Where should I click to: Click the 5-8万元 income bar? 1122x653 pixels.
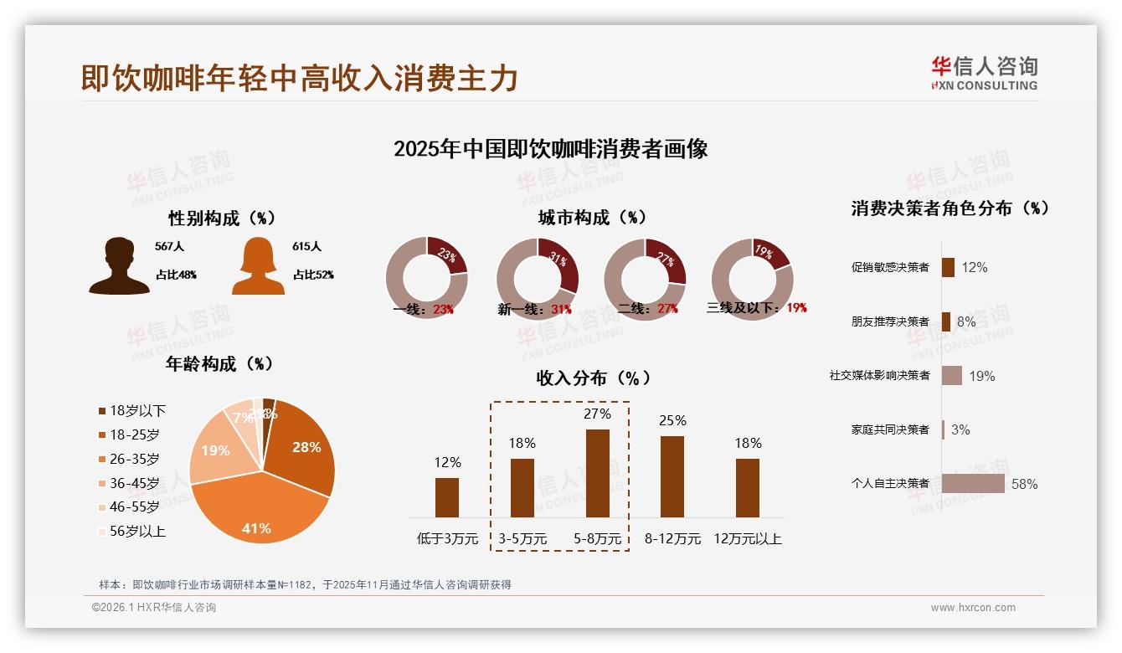pos(597,473)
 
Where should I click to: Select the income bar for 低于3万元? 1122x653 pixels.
pos(447,497)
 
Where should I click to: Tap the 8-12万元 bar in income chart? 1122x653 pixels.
pos(672,476)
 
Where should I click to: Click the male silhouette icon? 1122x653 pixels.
pos(119,266)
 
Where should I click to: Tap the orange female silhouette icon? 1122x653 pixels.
pos(258,266)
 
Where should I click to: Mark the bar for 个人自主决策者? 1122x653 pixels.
pos(973,483)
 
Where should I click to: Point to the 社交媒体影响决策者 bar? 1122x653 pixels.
pos(952,375)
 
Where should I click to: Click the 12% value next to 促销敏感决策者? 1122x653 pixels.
pos(974,267)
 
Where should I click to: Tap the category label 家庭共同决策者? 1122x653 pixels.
pos(889,429)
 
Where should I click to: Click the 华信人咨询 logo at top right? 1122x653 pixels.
pos(984,73)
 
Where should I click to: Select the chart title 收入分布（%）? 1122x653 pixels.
pos(593,378)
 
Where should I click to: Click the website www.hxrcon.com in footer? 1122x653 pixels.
pos(973,608)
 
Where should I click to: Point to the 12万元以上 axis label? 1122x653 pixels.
pos(747,539)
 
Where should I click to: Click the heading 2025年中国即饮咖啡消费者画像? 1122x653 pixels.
pos(550,149)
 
